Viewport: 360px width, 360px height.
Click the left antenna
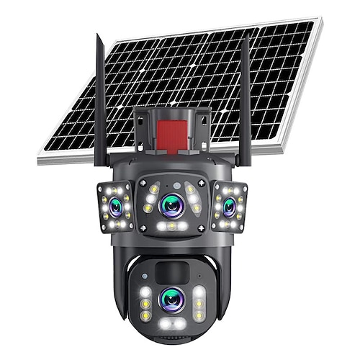pos(99,101)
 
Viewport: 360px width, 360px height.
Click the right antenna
pos(245,101)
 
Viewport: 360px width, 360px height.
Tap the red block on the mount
pos(172,134)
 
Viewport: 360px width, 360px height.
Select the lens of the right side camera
pos(230,207)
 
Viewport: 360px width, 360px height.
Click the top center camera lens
pos(173,205)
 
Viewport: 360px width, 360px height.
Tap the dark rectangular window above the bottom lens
pos(172,272)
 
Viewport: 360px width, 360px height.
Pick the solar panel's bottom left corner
pos(40,157)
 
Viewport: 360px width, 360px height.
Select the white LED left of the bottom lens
pos(146,294)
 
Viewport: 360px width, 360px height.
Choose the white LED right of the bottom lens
pos(199,294)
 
